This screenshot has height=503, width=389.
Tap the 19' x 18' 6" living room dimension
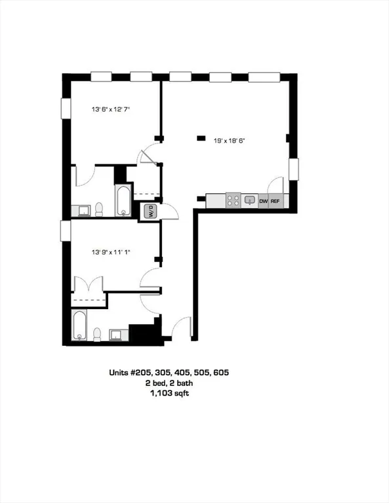230,140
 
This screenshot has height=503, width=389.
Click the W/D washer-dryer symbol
150,212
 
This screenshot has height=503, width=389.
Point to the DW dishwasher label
263,201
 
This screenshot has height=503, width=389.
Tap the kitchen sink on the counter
249,200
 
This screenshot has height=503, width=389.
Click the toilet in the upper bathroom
99,209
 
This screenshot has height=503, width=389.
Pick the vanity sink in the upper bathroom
82,210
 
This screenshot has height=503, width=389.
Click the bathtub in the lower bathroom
80,326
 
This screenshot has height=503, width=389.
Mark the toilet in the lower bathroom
96,335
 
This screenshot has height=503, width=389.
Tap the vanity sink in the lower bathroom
117,335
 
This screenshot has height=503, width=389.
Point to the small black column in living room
200,138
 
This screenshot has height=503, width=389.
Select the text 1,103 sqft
169,394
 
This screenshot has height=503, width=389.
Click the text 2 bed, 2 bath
169,383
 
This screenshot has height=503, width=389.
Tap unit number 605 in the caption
220,372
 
